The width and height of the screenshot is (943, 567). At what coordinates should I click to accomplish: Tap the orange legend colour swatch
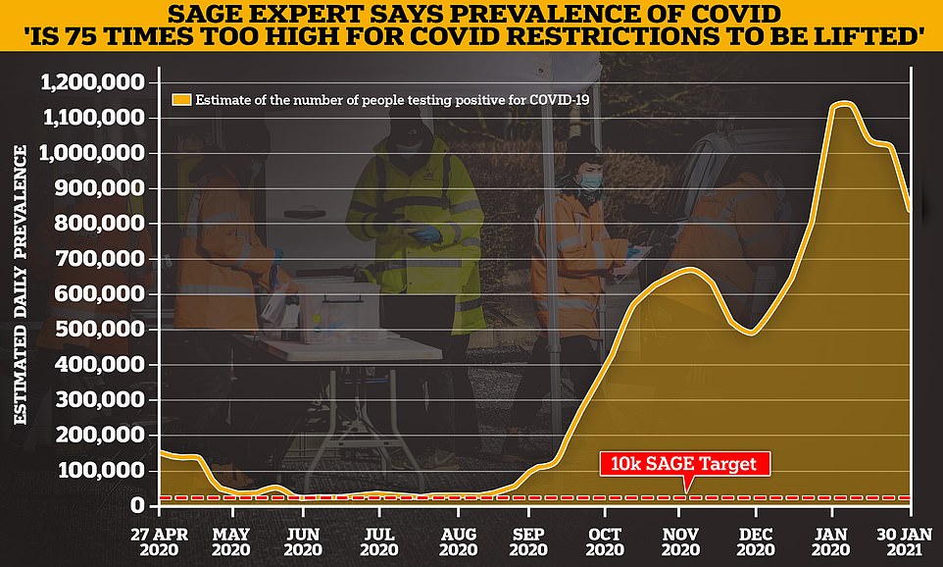pyautogui.click(x=180, y=98)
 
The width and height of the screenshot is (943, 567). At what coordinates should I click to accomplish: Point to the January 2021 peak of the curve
pyautogui.click(x=843, y=103)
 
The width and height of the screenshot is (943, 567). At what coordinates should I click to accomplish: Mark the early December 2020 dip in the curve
pyautogui.click(x=752, y=334)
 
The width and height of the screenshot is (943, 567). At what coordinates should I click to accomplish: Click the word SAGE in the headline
pyautogui.click(x=229, y=17)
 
